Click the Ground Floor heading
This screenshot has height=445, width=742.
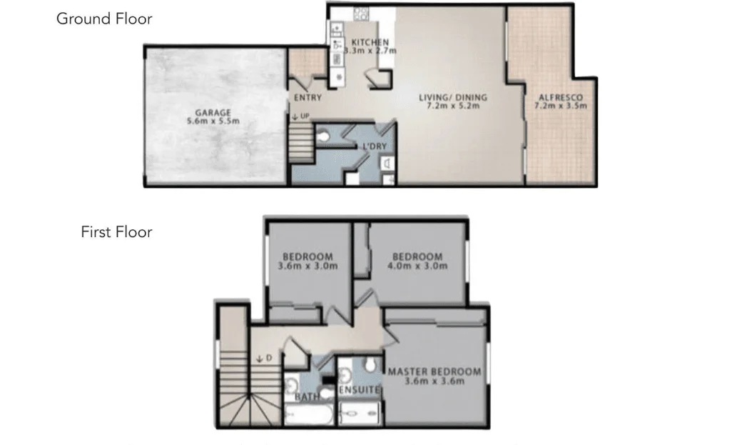click(x=104, y=19)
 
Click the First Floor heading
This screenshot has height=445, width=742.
click(x=116, y=231)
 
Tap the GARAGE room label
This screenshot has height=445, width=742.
click(x=213, y=112)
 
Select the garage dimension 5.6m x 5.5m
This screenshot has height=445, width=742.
click(x=213, y=121)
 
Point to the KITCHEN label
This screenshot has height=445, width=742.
click(x=370, y=42)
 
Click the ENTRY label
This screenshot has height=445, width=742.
click(x=308, y=98)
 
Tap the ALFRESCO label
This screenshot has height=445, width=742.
click(x=560, y=98)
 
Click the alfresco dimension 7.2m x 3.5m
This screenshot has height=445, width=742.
click(x=560, y=106)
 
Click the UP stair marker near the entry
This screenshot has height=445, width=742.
click(x=300, y=116)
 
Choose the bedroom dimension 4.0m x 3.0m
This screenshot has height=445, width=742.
click(x=417, y=266)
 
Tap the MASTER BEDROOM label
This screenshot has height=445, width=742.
click(x=434, y=371)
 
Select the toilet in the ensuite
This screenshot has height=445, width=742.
click(x=370, y=366)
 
